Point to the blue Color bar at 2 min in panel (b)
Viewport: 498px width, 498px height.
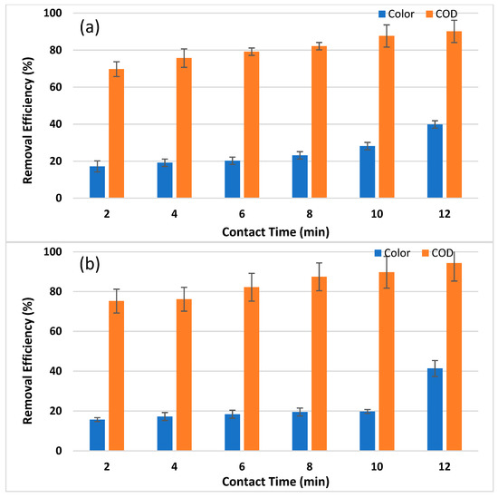pyautogui.click(x=97, y=435)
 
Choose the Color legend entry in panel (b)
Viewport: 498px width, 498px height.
pyautogui.click(x=400, y=252)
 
